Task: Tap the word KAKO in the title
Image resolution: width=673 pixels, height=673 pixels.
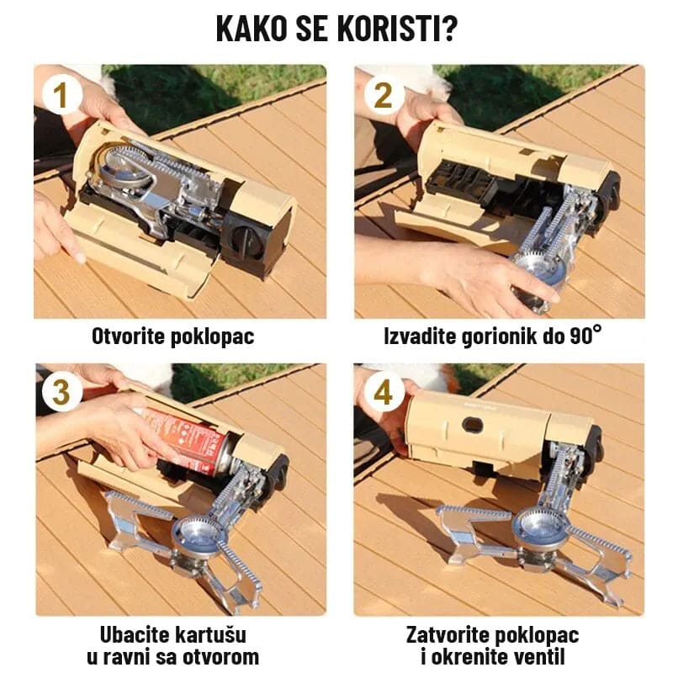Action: tap(251, 29)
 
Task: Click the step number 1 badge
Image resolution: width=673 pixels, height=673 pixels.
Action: tap(61, 95)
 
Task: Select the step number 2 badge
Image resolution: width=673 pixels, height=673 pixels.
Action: tap(384, 95)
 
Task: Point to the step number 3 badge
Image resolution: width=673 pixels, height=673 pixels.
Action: tap(61, 392)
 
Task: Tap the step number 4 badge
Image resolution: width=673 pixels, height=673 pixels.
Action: tap(384, 392)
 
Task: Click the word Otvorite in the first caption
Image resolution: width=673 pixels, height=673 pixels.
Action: tap(128, 336)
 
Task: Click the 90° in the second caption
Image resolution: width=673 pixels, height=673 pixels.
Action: tap(586, 335)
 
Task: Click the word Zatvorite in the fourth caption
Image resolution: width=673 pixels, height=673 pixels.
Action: tap(448, 635)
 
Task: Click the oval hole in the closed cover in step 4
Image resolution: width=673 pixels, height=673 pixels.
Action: tap(473, 425)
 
